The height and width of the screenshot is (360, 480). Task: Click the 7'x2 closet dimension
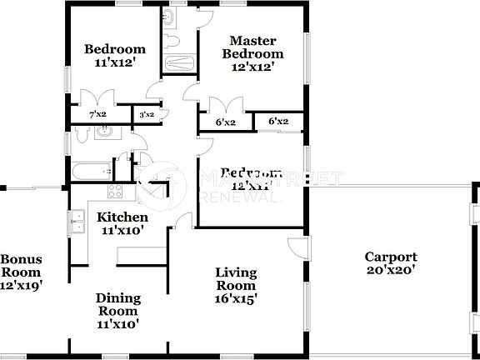[x=97, y=114]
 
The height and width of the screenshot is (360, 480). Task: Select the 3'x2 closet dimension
[x=146, y=114]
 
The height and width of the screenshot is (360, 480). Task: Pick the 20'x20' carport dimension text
[x=390, y=270]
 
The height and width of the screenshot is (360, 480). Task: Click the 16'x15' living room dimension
[x=236, y=297]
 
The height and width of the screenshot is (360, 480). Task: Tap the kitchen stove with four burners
[x=116, y=191]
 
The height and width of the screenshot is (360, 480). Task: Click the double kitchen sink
[x=77, y=221]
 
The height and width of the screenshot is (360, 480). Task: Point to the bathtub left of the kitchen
[x=90, y=171]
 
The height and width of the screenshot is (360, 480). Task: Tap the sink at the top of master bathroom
[x=169, y=17]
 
